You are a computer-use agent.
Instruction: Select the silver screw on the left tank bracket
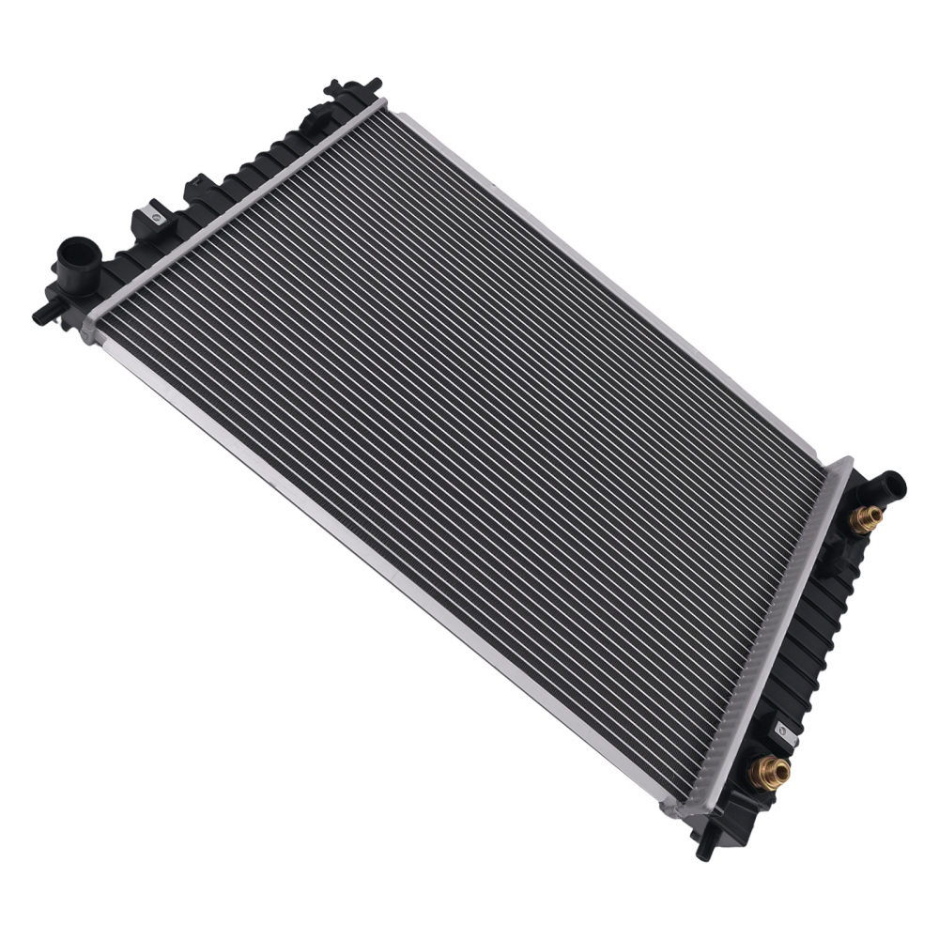coord(157,217)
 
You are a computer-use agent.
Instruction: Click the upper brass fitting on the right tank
coord(866,517)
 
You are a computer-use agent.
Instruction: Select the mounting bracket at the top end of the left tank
coord(354,90)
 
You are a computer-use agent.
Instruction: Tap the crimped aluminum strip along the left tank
coord(235,207)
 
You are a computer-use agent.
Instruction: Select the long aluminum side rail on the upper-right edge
coord(610,282)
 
